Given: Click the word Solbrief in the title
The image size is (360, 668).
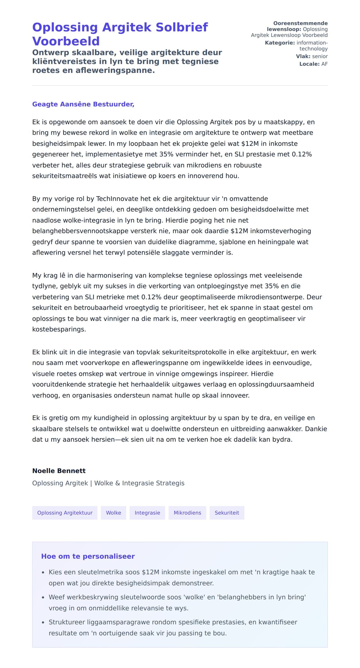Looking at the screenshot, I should coord(182,27).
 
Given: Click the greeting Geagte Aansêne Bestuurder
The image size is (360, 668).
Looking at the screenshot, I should coord(83,104).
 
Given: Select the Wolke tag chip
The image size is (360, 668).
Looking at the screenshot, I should coord(113,513).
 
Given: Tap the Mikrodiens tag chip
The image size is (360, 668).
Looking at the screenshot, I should coord(187,513).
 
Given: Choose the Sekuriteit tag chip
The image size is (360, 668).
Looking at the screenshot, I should coord(227,513).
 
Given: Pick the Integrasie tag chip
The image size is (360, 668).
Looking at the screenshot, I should coord(147,513).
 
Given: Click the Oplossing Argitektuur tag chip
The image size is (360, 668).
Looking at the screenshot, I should coord(65,513).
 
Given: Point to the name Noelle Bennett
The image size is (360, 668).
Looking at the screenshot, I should coord(59,471).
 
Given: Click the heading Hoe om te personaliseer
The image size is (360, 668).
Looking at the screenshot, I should coord(88,556).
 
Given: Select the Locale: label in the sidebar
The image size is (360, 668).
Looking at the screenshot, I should coord(309,64).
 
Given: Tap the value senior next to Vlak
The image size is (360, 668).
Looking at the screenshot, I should coord(320,56).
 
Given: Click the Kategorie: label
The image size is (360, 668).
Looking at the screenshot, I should coord(280,43).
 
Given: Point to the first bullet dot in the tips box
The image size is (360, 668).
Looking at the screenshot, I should coord(43,573).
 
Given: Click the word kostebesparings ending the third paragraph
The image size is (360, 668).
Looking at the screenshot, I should coord(59,329).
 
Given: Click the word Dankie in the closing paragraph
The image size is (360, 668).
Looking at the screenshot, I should coord(316,429).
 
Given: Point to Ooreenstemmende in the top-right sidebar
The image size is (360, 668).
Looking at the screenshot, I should coord(300,23).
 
